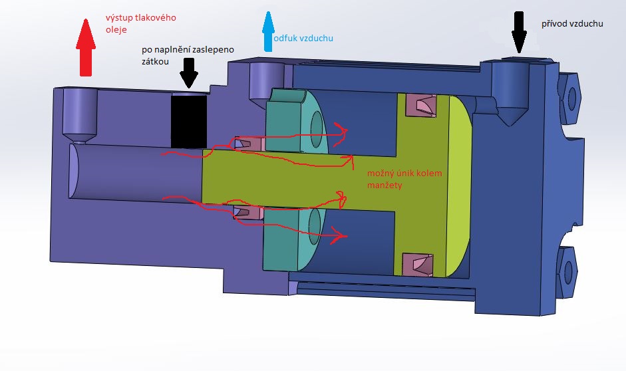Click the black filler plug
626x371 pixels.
(x=189, y=120)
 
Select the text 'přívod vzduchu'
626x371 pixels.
(x=572, y=24)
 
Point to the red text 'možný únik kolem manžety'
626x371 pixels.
(x=404, y=179)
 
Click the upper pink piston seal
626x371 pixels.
(x=420, y=104)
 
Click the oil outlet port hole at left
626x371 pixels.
(x=80, y=113)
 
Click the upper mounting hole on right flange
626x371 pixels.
(x=571, y=96)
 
